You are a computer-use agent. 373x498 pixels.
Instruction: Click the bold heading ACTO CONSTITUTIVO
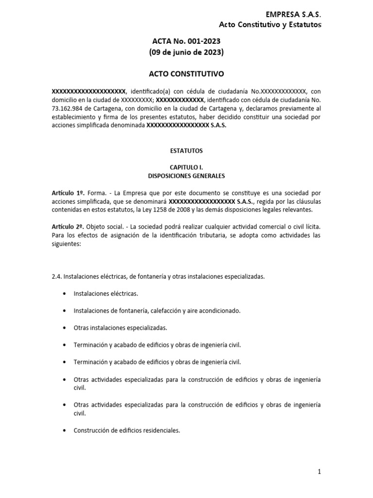point(186,74)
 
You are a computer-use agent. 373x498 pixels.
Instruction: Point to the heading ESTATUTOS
point(186,151)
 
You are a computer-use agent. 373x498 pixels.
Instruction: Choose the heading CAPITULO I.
point(186,167)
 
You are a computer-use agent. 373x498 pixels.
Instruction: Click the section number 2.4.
point(56,276)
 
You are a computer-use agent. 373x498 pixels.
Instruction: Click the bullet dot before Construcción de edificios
point(64,430)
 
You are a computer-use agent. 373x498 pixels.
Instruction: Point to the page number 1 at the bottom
point(319,471)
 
